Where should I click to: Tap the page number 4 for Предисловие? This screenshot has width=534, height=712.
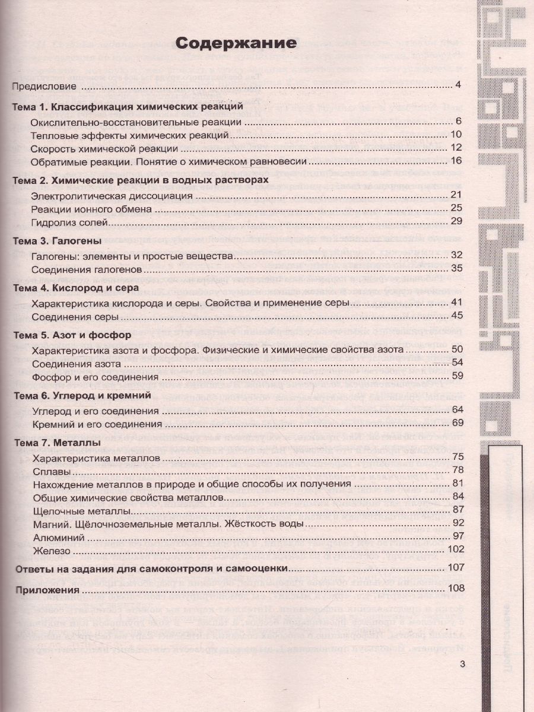click(x=458, y=85)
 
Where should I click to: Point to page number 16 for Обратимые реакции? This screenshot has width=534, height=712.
click(x=456, y=161)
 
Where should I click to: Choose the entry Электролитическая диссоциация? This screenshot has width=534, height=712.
click(x=112, y=195)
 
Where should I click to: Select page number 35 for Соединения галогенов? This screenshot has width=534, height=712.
click(x=456, y=268)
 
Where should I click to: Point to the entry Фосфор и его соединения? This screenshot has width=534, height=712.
click(x=94, y=376)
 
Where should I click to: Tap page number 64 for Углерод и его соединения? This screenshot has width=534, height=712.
click(x=456, y=410)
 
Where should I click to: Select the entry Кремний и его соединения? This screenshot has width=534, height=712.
click(x=97, y=424)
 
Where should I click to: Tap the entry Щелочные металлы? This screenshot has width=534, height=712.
click(x=81, y=510)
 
